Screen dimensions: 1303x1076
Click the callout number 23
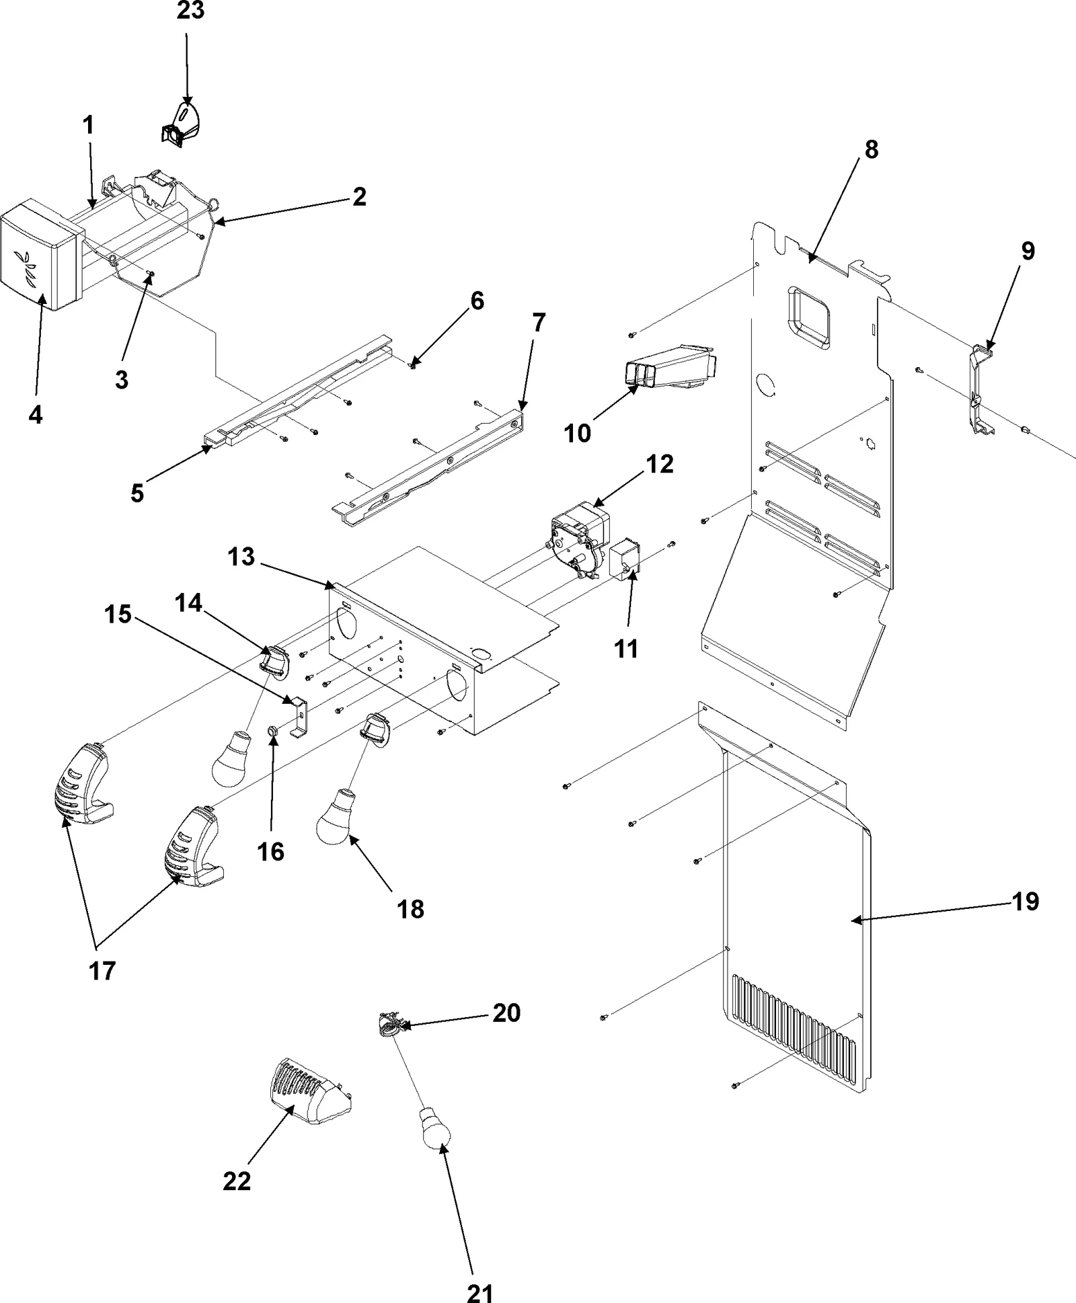coord(190,11)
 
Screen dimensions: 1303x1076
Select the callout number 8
coord(871,149)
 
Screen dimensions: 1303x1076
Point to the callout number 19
coord(1025,901)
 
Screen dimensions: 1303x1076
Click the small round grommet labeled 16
coord(274,730)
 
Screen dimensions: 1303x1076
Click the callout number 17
coord(102,970)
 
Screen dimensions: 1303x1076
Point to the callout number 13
coord(241,557)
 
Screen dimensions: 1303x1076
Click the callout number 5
coord(137,493)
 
